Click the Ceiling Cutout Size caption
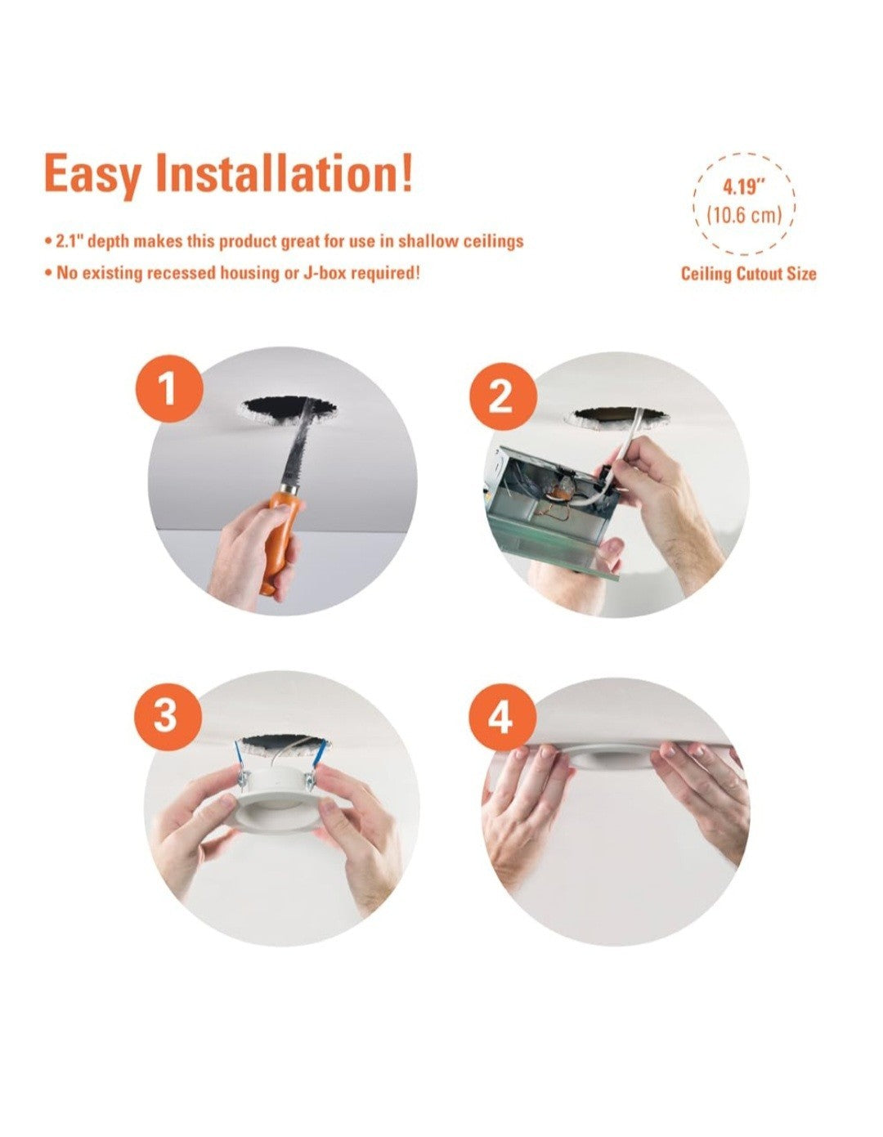point(748,274)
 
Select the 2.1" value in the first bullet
point(69,242)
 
